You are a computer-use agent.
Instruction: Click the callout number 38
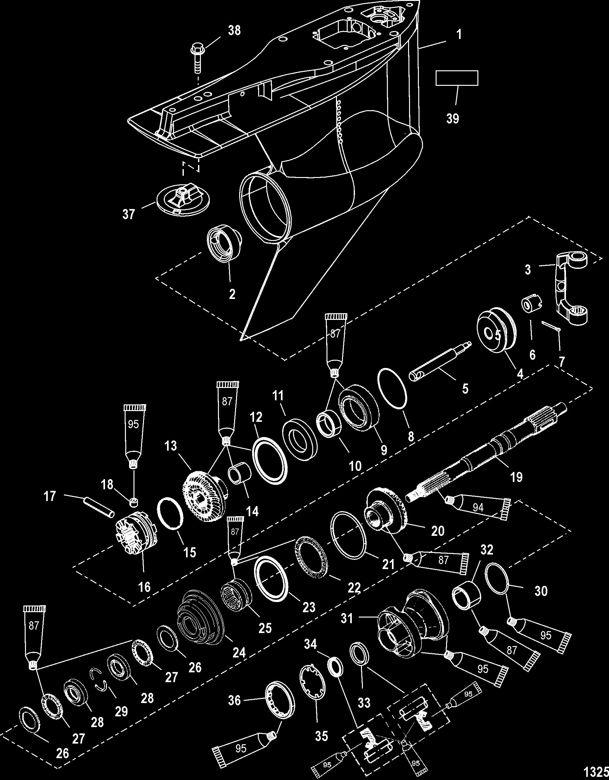point(234,31)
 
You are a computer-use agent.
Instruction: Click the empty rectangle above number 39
point(457,78)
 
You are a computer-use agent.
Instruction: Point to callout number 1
point(459,35)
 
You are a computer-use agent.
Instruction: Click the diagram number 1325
point(600,772)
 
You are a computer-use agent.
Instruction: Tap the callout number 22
point(354,588)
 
